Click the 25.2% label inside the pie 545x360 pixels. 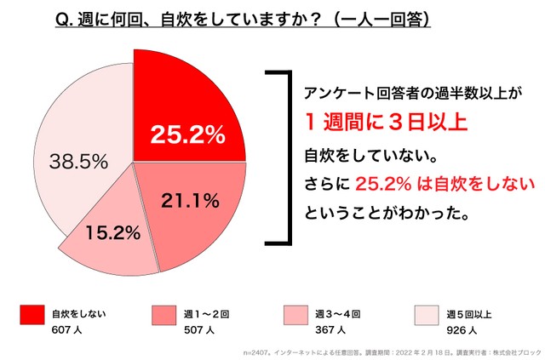point(186,134)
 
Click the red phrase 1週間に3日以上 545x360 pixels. point(386,123)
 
